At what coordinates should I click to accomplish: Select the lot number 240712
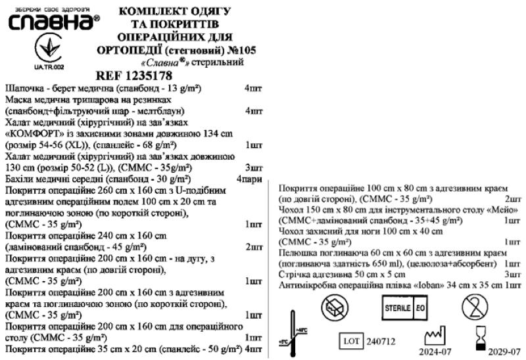click(x=381, y=342)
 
